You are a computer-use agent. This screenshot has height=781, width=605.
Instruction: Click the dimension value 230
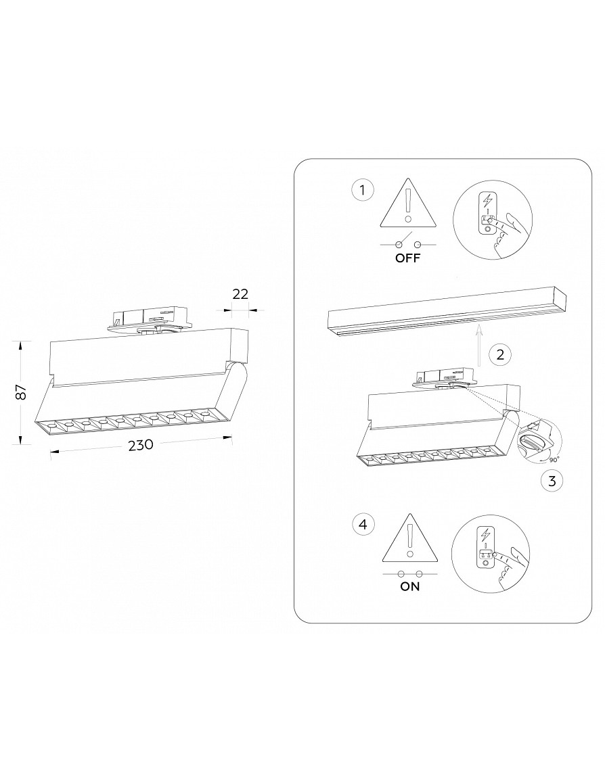coord(141,445)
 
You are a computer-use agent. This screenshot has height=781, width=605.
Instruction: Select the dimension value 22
coord(241,294)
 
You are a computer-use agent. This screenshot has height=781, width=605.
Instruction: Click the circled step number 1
coord(362,190)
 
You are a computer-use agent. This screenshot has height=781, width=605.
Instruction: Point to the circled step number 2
coord(500,354)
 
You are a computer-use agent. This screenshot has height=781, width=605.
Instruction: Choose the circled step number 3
coord(552,481)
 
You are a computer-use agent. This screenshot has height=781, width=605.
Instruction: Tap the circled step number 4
coord(363,524)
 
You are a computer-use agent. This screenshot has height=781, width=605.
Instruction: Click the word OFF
coord(407,258)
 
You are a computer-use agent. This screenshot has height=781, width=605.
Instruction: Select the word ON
coord(409,586)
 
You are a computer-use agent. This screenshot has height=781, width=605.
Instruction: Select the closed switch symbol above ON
coord(409,573)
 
